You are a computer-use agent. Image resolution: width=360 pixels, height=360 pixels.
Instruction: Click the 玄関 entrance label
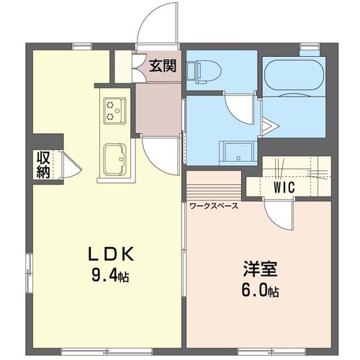pyautogui.click(x=163, y=66)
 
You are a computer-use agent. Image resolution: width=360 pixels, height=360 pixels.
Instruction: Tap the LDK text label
pyautogui.click(x=111, y=254)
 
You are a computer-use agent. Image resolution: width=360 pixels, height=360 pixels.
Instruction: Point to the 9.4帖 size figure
pyautogui.click(x=110, y=275)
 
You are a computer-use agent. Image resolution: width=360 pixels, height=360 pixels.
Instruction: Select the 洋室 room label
pyautogui.click(x=260, y=269)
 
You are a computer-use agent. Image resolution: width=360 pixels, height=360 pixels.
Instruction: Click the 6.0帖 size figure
pyautogui.click(x=260, y=290)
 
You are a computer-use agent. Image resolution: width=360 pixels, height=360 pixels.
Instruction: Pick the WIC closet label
pyautogui.click(x=284, y=187)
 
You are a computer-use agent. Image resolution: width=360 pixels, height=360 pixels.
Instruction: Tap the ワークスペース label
pyautogui.click(x=214, y=206)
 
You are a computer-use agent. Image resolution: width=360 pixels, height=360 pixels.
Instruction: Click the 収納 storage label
pyautogui.click(x=43, y=165)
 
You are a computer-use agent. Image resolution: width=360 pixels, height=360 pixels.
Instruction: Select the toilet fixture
pyautogui.click(x=204, y=71)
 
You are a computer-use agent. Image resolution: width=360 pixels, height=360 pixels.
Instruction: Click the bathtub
pyautogui.click(x=294, y=73)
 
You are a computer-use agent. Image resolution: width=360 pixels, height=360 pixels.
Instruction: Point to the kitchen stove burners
pyautogui.click(x=114, y=111)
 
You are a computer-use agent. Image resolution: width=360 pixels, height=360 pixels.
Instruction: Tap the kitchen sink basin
pyautogui.click(x=114, y=159)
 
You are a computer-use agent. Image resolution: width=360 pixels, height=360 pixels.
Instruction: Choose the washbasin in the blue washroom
pyautogui.click(x=238, y=153)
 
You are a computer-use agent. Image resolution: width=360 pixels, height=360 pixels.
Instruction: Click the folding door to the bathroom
pyautogui.click(x=269, y=126)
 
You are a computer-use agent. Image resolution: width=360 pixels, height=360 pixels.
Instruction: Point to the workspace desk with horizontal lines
pyautogui.click(x=214, y=186)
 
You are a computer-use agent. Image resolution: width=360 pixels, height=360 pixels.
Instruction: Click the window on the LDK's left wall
pyautogui.click(x=29, y=273)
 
